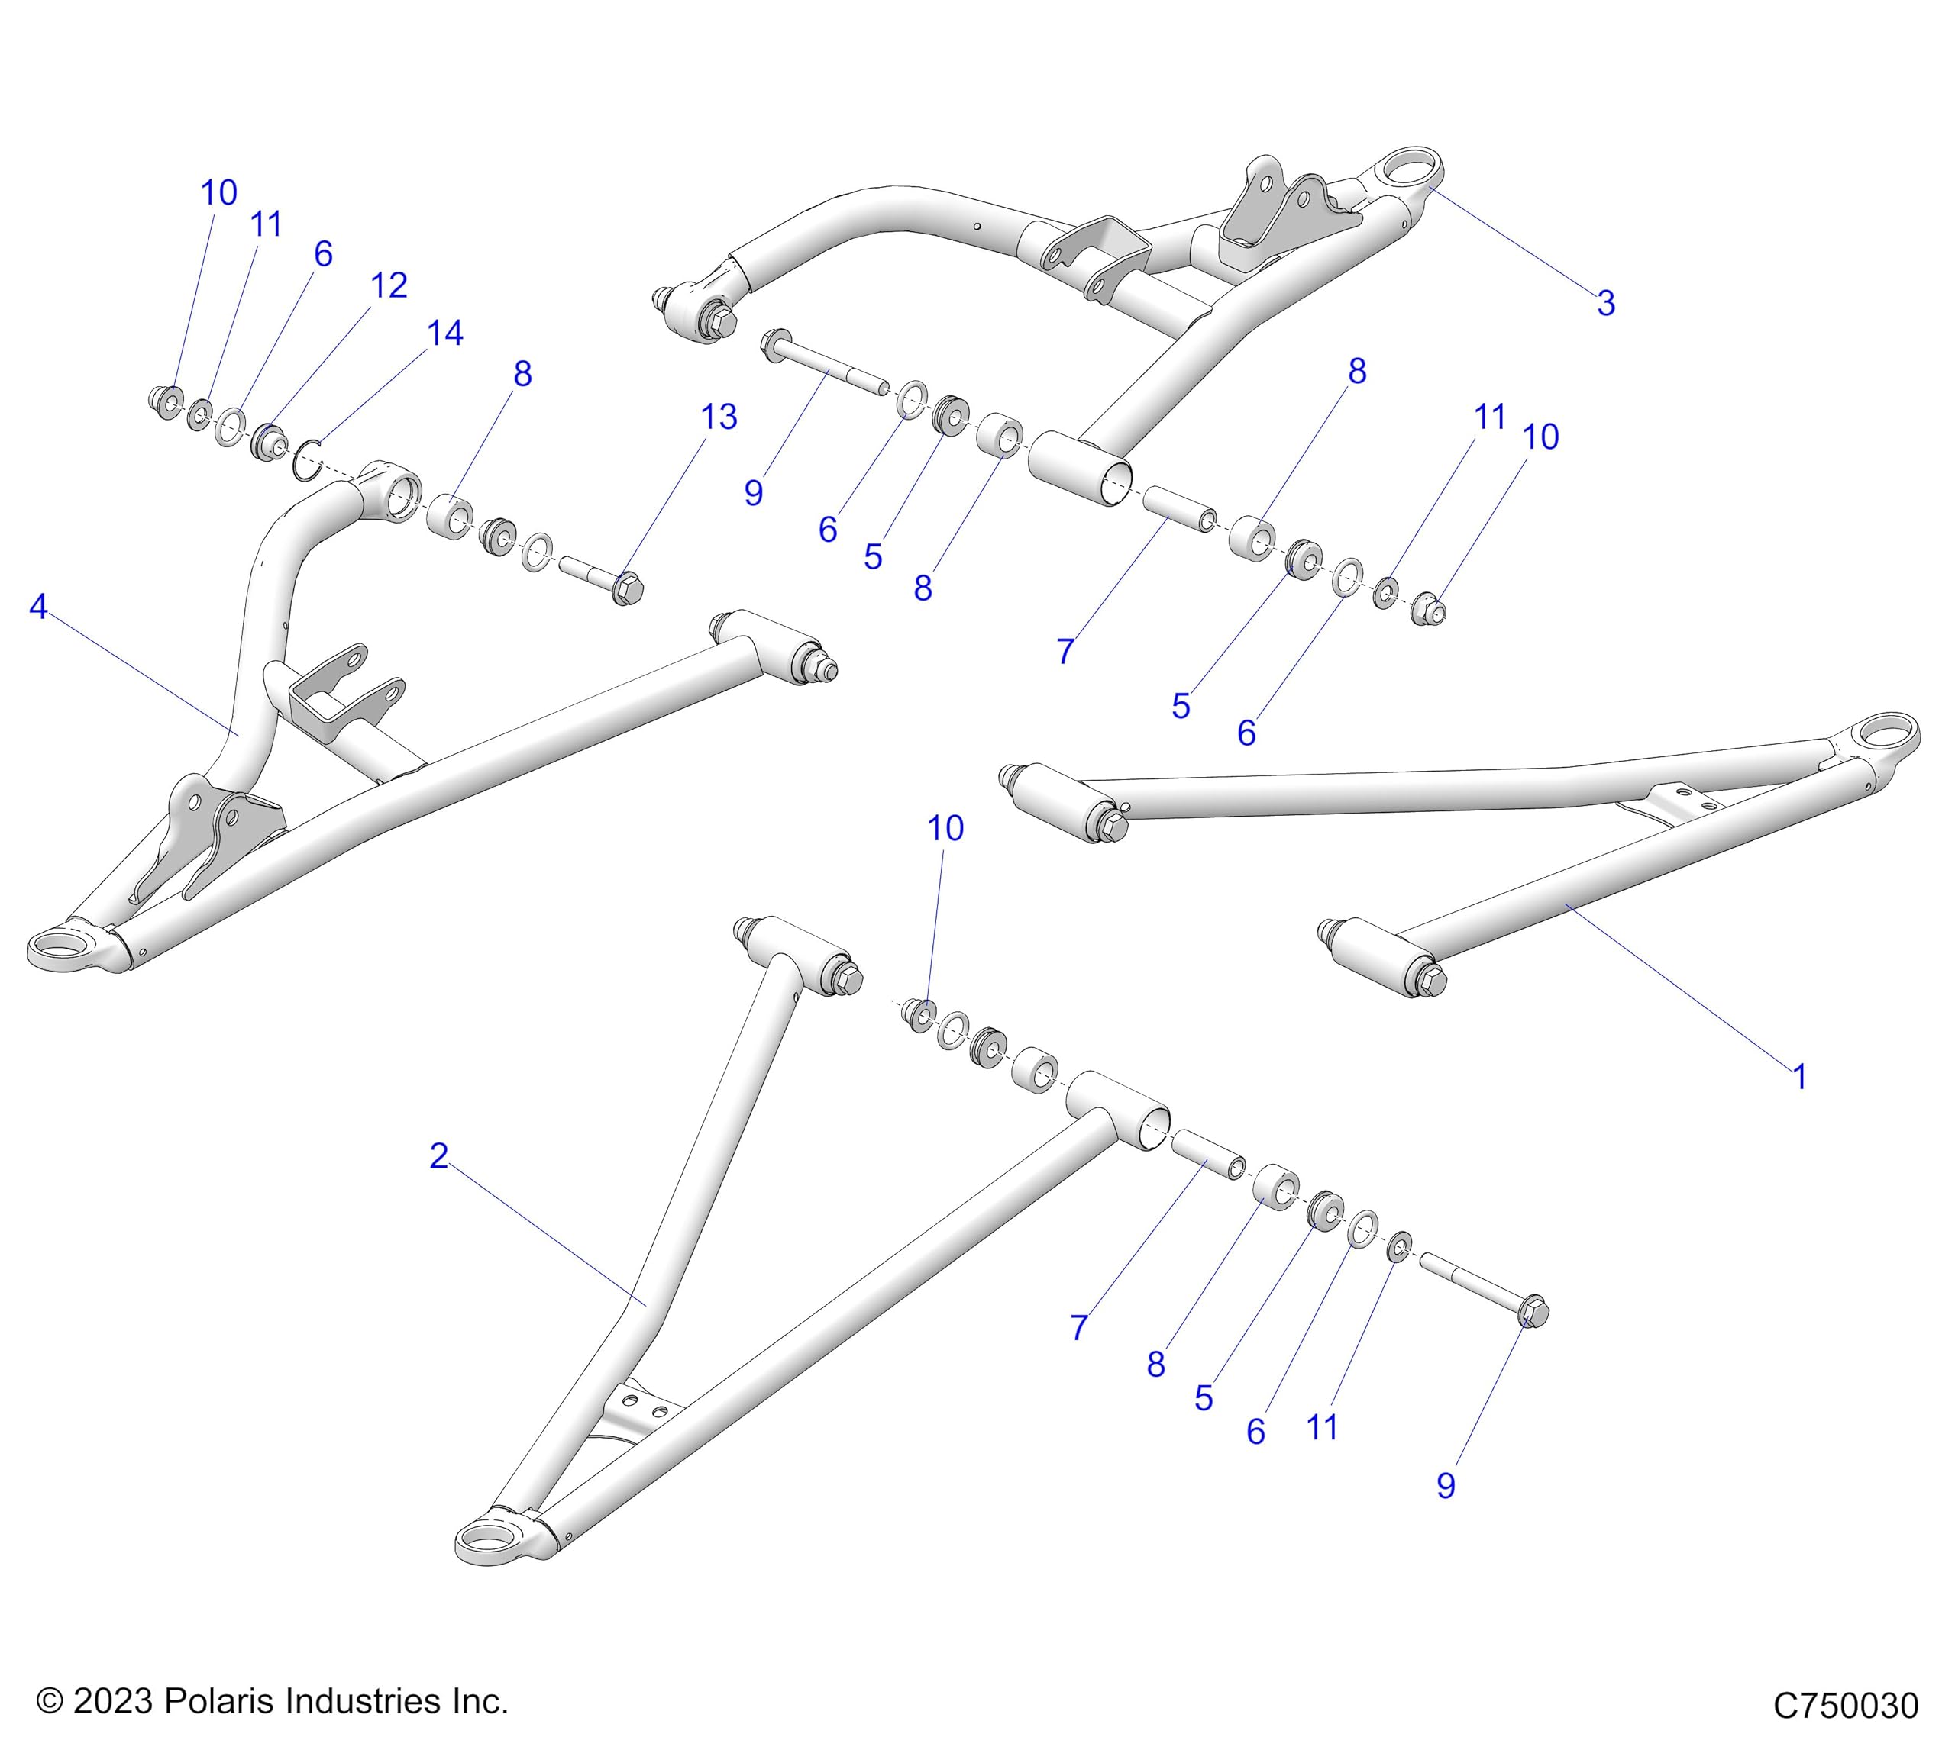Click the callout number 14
point(444,334)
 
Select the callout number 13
point(719,417)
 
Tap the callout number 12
point(388,285)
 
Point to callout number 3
point(1606,303)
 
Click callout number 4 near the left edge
point(38,606)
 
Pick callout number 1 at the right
point(1799,1078)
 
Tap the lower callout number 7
point(1079,1328)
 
